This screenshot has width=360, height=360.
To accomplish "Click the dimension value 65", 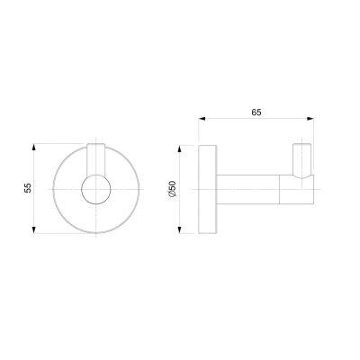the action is click(256, 112).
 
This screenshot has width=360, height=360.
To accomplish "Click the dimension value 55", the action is click(28, 188).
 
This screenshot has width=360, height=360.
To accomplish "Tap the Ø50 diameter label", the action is click(173, 189).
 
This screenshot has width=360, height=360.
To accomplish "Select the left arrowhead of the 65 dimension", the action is click(202, 119).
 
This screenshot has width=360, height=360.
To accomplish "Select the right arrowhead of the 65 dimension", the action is click(310, 119).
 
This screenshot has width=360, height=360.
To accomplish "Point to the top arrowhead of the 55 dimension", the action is click(34, 147).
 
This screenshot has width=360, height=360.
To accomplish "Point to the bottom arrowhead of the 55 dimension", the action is click(34, 229).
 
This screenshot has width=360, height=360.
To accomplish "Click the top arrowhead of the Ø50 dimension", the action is click(179, 148).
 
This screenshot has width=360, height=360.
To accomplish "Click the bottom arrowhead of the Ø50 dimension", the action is click(179, 229).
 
